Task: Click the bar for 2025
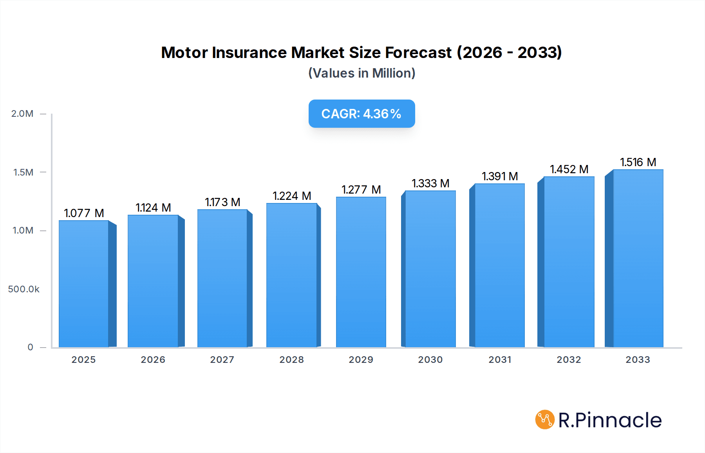[x=84, y=284]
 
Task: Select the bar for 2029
[x=361, y=272]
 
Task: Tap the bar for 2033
[x=638, y=259]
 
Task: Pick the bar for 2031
[x=499, y=266]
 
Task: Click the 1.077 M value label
[x=84, y=213]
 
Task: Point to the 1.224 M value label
[x=292, y=196]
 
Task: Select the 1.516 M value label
[x=638, y=162]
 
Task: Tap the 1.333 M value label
[x=430, y=183]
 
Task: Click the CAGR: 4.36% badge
[x=362, y=114]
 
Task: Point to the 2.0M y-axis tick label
[x=22, y=114]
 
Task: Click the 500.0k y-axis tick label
[x=23, y=289]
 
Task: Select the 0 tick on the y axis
[x=30, y=347]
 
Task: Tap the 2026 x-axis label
[x=153, y=360]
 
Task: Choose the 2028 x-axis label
[x=292, y=360]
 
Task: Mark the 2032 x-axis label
[x=569, y=360]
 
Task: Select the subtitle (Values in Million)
[x=362, y=73]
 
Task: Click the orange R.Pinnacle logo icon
[x=545, y=420]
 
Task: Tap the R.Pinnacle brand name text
[x=610, y=420]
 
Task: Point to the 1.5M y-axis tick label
[x=23, y=172]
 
